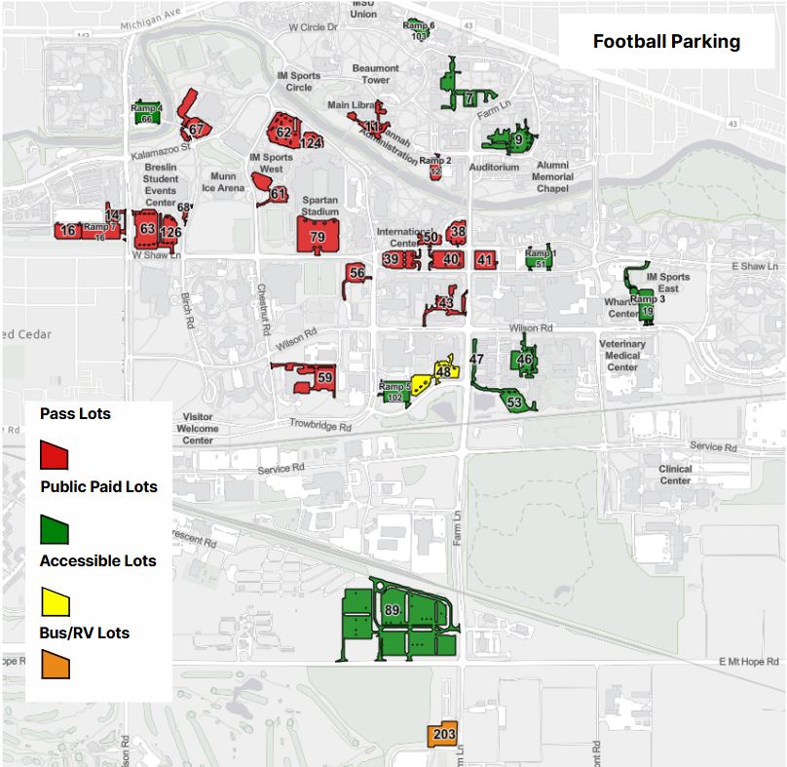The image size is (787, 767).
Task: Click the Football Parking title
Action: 666,42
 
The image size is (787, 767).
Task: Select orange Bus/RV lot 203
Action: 443,734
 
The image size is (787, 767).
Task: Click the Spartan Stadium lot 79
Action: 318,235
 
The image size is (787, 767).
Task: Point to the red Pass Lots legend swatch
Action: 54,454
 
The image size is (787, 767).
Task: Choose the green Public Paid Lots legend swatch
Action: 54,529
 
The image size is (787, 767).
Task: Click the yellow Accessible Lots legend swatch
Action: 54,602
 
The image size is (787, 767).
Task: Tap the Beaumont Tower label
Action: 376,74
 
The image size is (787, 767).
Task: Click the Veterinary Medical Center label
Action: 622,356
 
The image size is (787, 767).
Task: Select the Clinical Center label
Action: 675,475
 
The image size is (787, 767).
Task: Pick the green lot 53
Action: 514,401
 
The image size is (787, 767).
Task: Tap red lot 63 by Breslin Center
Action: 147,230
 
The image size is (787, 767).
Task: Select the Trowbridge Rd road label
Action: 319,424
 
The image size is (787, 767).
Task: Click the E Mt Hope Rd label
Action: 749,662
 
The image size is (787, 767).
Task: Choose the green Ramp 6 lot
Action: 419,29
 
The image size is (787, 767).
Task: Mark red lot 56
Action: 356,274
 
